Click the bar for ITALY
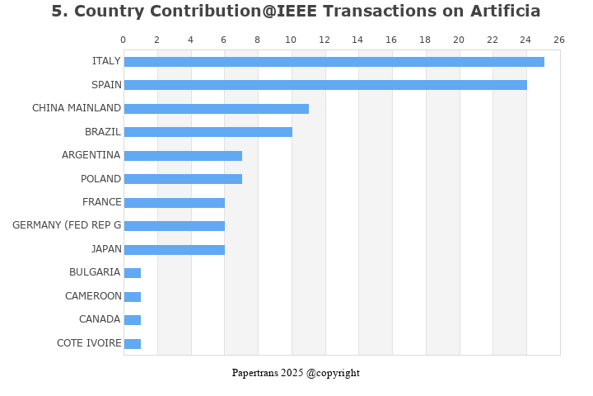(x=334, y=62)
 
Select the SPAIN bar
(x=325, y=85)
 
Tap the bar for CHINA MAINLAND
(x=216, y=109)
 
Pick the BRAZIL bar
(x=208, y=132)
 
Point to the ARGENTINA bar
(x=183, y=156)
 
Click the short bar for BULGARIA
(x=133, y=273)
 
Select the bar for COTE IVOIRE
(x=133, y=344)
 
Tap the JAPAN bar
(x=174, y=250)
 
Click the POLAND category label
(x=100, y=179)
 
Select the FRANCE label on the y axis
(x=101, y=202)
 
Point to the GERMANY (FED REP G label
(x=67, y=225)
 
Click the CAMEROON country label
(x=93, y=296)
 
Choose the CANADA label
(x=100, y=319)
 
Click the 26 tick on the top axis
(x=559, y=40)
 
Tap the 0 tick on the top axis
(x=124, y=40)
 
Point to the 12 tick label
(x=325, y=40)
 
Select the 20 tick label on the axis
(x=459, y=40)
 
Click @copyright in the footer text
(x=333, y=373)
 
